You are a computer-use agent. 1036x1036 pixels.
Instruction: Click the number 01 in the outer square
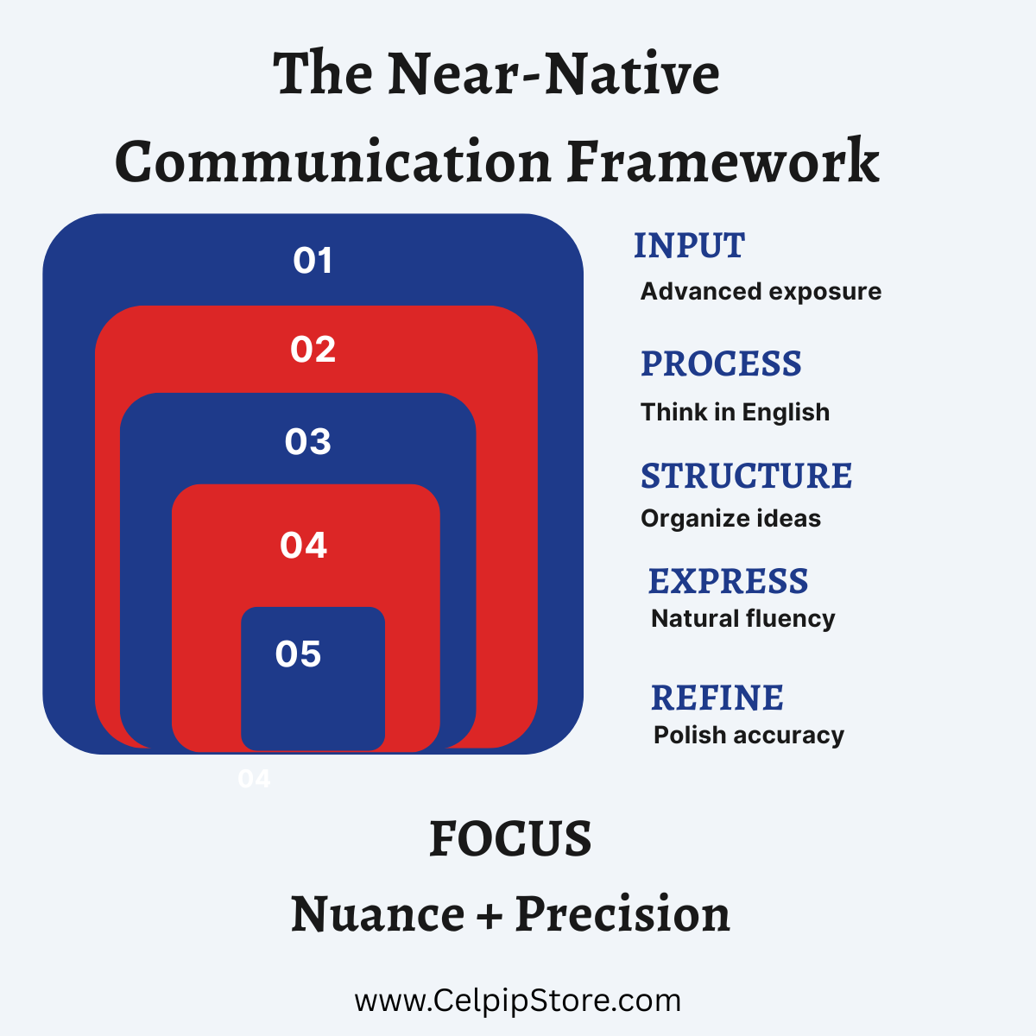(313, 261)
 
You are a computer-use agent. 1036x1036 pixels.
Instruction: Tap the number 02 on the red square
(313, 350)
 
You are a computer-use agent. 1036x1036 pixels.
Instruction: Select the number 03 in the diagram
(307, 442)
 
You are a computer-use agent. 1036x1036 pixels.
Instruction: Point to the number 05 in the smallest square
(298, 654)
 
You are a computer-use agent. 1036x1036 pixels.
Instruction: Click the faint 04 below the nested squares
(254, 779)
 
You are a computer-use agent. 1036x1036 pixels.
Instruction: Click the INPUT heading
(689, 246)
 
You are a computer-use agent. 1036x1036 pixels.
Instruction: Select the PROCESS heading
(721, 363)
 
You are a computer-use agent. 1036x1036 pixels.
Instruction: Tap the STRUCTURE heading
(746, 476)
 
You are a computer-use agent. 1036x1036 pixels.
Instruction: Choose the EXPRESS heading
(728, 581)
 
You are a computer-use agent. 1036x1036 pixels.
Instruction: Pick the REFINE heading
(717, 698)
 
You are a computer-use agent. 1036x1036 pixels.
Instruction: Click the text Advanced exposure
(761, 292)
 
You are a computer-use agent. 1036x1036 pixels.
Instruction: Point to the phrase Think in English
(735, 413)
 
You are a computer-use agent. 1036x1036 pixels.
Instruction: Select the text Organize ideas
(730, 519)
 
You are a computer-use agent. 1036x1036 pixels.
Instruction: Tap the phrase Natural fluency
(743, 619)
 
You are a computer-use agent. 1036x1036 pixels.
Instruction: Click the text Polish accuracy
(749, 736)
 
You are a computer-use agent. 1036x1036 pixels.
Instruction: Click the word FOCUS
(510, 839)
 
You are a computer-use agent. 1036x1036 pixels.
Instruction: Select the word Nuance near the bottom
(378, 915)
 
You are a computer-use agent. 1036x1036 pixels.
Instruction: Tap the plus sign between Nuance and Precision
(490, 916)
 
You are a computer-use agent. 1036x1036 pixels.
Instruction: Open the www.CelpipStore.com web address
(518, 1001)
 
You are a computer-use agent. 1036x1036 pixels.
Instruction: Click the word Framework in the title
(723, 161)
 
